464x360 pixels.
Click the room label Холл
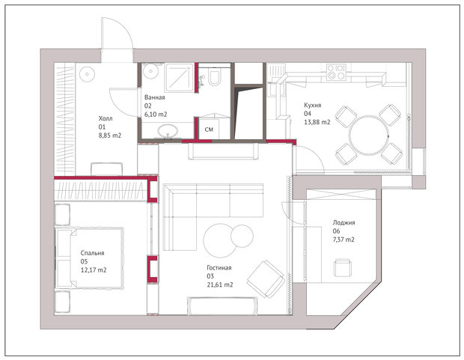[x=106, y=118]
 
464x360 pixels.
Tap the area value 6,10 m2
[x=156, y=115]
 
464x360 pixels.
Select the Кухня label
[x=313, y=105]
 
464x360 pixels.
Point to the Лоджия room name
[x=344, y=222]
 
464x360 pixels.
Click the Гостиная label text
[x=219, y=268]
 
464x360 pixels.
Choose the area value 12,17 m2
[x=94, y=270]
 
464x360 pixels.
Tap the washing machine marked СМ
[x=209, y=129]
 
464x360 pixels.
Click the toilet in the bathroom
[x=214, y=77]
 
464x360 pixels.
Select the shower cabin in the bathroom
[x=180, y=77]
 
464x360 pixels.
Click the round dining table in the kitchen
[x=368, y=135]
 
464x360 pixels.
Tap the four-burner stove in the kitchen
[x=336, y=73]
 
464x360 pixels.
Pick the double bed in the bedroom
[x=89, y=257]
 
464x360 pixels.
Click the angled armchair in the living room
[x=266, y=279]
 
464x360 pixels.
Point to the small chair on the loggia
[x=343, y=268]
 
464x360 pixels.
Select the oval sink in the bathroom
[x=168, y=131]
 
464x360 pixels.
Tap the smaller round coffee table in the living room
[x=242, y=236]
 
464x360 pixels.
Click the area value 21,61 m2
[x=220, y=285]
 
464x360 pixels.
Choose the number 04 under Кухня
[x=308, y=113]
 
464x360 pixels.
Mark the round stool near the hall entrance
[x=87, y=73]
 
